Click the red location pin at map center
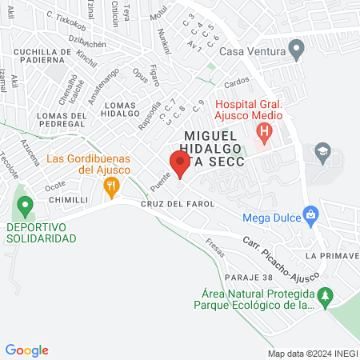tap(180, 164)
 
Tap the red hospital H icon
tap(264, 130)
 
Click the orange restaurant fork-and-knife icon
tap(112, 188)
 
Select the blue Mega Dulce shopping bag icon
tap(312, 215)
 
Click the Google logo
tap(27, 350)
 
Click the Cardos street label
tap(237, 82)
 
